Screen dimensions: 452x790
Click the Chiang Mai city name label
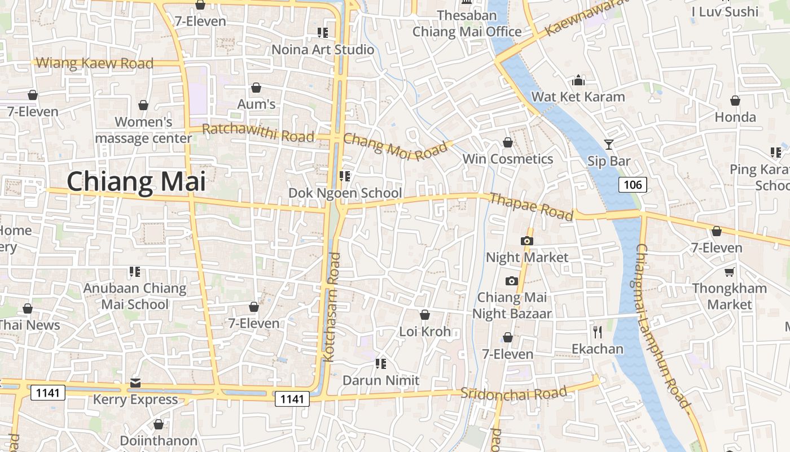136,182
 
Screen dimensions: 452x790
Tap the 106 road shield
633,184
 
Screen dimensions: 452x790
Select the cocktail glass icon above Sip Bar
608,145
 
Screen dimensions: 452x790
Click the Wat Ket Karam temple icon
578,80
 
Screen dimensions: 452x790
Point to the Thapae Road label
531,207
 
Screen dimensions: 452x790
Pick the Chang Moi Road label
394,146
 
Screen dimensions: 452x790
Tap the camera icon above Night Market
527,241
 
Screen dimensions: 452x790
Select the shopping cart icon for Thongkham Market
729,272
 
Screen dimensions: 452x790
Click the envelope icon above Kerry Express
135,383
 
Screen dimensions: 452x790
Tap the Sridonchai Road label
513,393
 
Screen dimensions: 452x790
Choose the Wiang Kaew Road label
94,63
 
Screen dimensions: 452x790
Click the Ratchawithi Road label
258,133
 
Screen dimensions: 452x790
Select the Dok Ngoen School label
345,193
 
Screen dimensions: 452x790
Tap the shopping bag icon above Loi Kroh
425,315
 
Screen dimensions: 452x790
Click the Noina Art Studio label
323,50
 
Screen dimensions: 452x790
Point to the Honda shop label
735,118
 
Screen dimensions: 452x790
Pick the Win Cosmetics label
507,159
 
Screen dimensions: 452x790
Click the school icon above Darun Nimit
381,363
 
